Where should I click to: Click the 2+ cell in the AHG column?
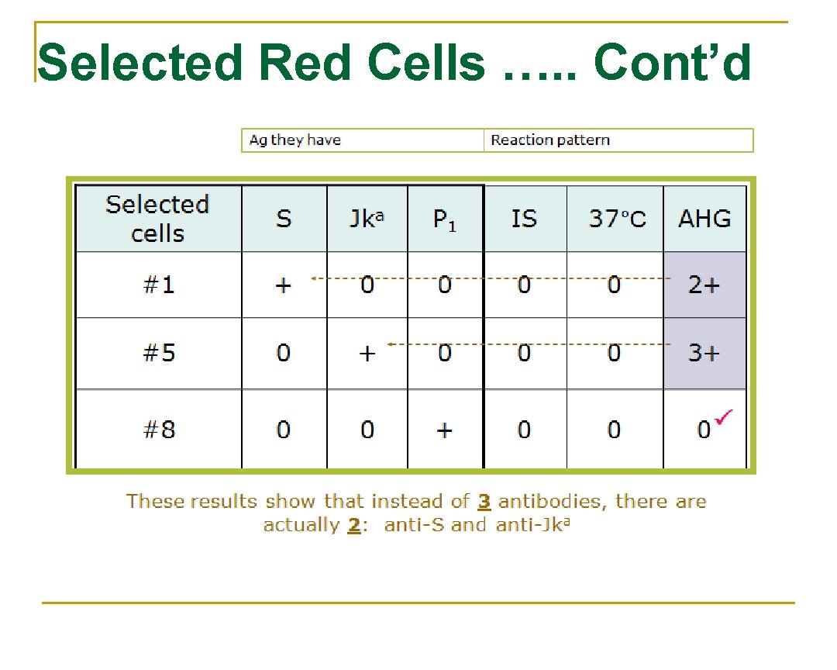[704, 285]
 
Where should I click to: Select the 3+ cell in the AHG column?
[704, 353]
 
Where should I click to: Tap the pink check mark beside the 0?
[724, 419]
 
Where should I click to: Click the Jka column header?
[367, 219]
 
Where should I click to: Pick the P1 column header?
[444, 219]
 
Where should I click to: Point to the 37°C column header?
[616, 219]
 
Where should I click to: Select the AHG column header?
[704, 219]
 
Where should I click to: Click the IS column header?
[524, 219]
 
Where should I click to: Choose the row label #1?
[159, 285]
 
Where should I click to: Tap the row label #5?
[159, 353]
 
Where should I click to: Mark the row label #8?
[159, 429]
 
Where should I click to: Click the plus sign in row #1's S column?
[284, 285]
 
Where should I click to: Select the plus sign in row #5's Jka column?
[367, 354]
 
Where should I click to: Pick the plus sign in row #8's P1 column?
[444, 430]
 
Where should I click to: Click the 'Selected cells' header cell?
[157, 219]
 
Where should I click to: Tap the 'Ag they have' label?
[294, 140]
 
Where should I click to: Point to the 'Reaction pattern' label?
[550, 140]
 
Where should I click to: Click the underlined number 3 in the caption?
[484, 501]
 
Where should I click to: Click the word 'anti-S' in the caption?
[415, 525]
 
